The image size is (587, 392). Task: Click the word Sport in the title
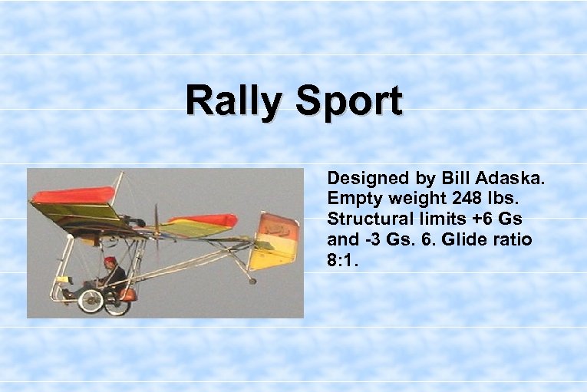344,101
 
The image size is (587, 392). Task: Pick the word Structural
370,219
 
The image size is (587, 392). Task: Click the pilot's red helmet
110,261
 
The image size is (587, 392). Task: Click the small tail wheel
252,281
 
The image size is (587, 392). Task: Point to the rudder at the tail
275,240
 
